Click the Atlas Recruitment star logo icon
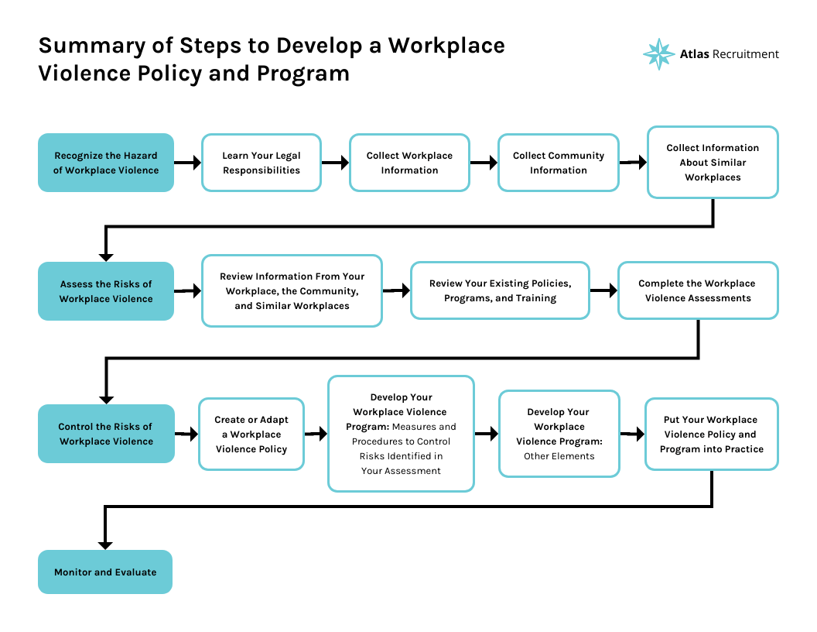click(x=658, y=54)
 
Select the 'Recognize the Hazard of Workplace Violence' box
click(x=106, y=163)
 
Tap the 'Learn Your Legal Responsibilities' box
click(x=262, y=163)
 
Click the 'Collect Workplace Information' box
click(x=409, y=163)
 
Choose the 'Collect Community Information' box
click(x=559, y=163)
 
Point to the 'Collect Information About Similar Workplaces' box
click(x=713, y=163)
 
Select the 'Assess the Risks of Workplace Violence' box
click(x=106, y=291)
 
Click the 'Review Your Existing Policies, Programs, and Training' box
click(x=500, y=290)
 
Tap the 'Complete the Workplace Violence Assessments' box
click(x=698, y=290)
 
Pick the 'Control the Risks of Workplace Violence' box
click(x=106, y=434)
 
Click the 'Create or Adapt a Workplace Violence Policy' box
click(x=251, y=434)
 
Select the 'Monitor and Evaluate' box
click(x=105, y=572)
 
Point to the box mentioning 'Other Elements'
click(x=559, y=434)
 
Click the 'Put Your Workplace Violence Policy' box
click(x=712, y=434)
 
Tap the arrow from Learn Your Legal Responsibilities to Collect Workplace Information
click(x=335, y=163)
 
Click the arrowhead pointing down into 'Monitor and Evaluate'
click(x=105, y=544)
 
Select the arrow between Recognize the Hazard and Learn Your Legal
click(x=188, y=163)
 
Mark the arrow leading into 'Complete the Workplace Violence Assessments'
click(x=603, y=290)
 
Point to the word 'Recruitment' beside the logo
click(x=746, y=54)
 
